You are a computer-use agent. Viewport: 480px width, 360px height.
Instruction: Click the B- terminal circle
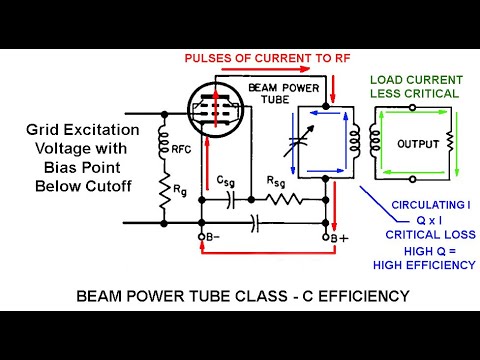204,237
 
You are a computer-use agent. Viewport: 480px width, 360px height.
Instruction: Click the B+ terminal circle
329,237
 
